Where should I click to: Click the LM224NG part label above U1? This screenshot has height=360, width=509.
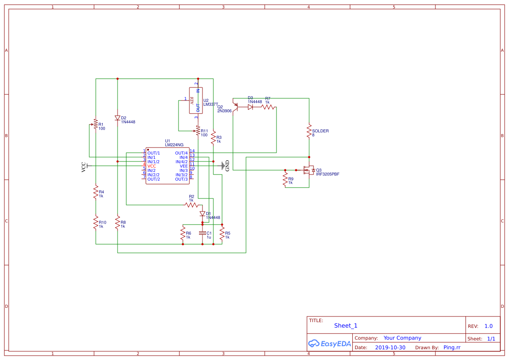(174, 145)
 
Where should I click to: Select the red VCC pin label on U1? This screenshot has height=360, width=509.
(152, 166)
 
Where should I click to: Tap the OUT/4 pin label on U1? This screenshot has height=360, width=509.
(181, 153)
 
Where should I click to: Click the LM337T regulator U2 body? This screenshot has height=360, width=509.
(196, 101)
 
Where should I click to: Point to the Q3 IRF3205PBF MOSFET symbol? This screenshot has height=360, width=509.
(309, 170)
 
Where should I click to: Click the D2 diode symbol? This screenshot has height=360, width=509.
(118, 118)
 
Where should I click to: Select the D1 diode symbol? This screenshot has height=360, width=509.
(202, 214)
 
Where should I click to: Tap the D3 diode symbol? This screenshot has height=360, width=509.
(251, 107)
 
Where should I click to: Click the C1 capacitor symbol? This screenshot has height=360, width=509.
(202, 233)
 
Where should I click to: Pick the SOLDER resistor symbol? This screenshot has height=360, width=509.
(309, 131)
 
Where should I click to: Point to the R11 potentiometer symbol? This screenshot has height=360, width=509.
(198, 131)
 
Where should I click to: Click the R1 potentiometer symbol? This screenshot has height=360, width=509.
(96, 124)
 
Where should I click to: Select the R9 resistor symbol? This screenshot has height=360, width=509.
(285, 179)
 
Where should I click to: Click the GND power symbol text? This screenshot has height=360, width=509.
(227, 166)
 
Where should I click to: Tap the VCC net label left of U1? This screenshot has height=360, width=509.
(84, 167)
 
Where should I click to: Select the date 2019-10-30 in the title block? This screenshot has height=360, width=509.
(390, 347)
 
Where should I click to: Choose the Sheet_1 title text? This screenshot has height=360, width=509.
(346, 326)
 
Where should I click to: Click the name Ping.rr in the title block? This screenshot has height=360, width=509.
(452, 347)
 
